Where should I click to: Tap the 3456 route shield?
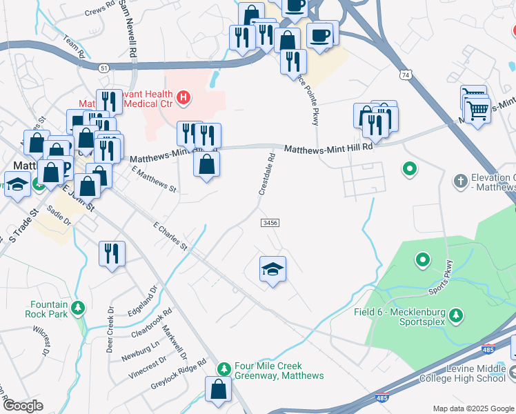(x=270, y=222)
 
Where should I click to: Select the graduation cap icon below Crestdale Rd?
(x=272, y=270)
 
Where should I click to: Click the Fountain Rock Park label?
(x=49, y=309)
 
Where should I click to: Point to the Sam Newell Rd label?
(x=128, y=28)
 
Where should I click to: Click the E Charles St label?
(x=170, y=235)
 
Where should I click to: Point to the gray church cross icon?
(x=461, y=181)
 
